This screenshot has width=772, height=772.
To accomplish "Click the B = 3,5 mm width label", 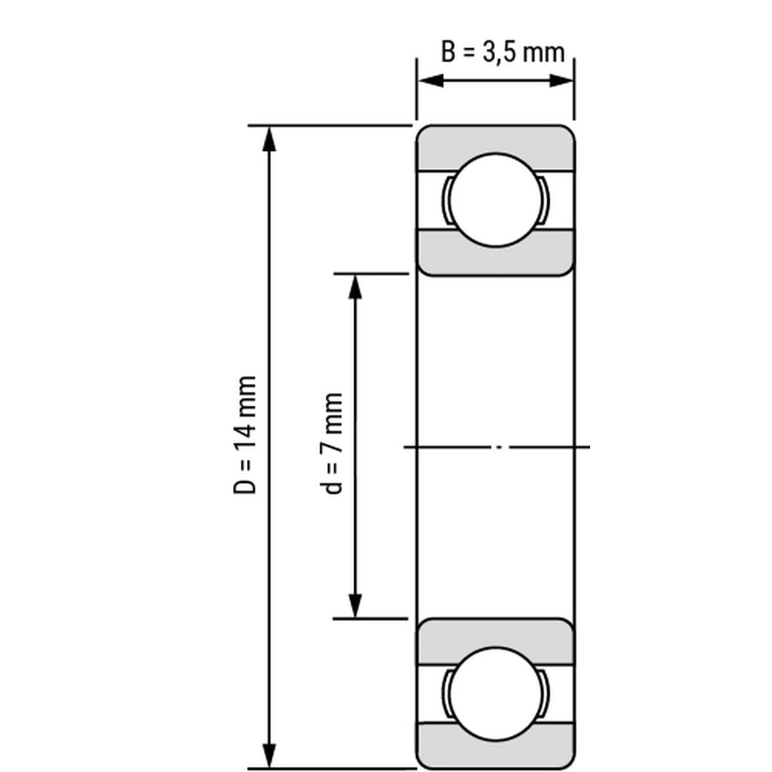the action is [x=502, y=52].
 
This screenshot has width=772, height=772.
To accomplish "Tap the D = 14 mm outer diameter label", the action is [x=244, y=435].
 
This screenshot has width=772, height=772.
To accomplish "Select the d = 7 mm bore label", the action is [x=334, y=443].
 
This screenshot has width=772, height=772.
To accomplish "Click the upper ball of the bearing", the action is [x=497, y=200].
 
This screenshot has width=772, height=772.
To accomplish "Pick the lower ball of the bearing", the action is [x=497, y=694].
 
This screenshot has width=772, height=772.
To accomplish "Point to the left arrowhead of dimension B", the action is [x=431, y=81].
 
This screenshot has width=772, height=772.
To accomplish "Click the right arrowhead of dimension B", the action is [x=561, y=81].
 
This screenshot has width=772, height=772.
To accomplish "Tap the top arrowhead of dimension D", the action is [x=268, y=139].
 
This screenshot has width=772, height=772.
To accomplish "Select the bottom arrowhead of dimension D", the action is [x=268, y=755].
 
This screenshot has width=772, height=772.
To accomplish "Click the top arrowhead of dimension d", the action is [x=355, y=286].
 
